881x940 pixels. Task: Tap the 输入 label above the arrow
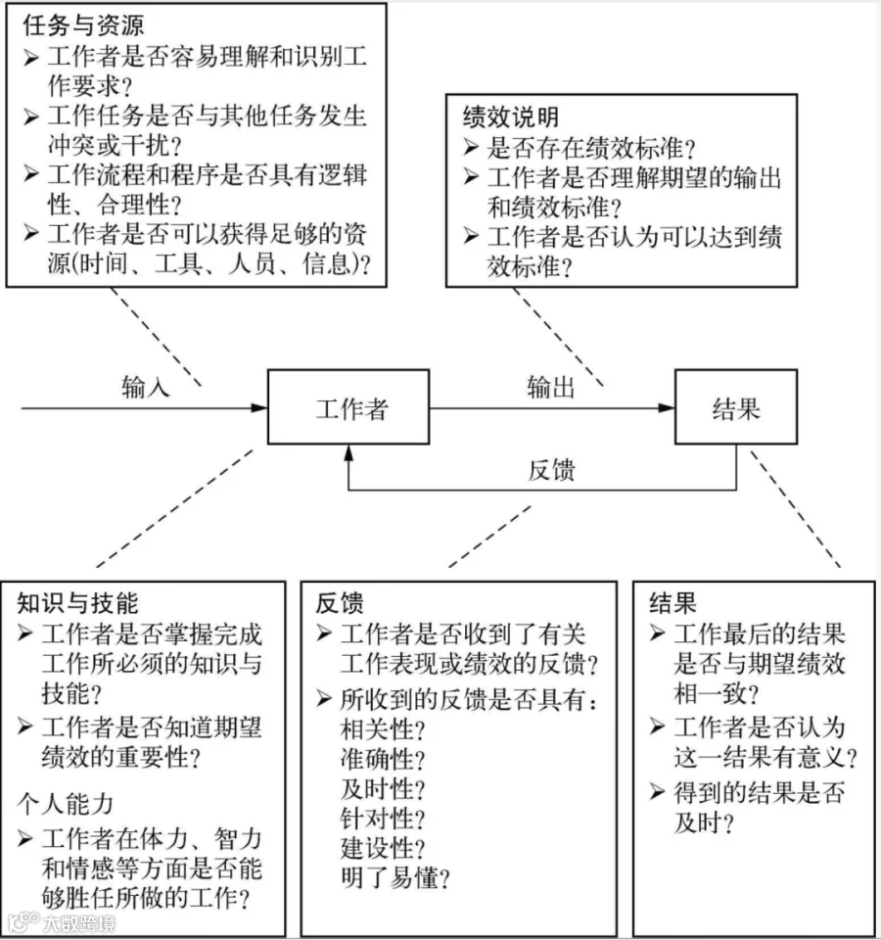click(146, 387)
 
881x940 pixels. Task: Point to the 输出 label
click(551, 387)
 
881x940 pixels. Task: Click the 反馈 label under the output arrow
click(551, 470)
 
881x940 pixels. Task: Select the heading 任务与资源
click(83, 25)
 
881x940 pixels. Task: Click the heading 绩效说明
click(511, 117)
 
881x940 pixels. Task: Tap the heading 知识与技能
click(77, 603)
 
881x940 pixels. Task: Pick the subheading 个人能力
click(66, 803)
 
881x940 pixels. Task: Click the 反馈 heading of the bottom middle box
click(340, 603)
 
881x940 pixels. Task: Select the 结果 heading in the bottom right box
click(673, 603)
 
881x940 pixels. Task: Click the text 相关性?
click(383, 729)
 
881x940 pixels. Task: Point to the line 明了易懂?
click(395, 878)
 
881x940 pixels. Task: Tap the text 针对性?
click(383, 819)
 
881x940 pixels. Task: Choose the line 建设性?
click(383, 848)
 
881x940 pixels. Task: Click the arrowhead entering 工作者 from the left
click(258, 407)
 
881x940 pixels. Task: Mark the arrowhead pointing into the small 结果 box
click(667, 407)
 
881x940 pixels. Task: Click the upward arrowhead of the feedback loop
click(348, 452)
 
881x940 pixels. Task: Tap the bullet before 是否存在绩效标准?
click(471, 147)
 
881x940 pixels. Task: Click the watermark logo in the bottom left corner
click(23, 922)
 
